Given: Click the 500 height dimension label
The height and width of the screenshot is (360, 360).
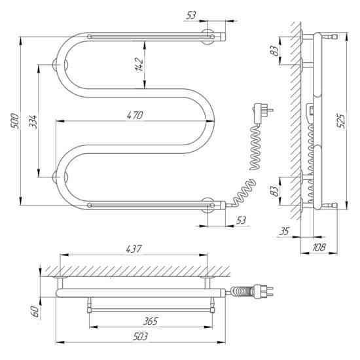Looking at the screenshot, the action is [x=14, y=121].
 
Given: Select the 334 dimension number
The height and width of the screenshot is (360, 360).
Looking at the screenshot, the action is [x=33, y=122].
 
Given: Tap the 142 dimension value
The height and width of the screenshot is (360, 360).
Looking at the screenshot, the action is [x=139, y=65].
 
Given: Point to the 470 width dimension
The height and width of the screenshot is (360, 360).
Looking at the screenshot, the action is [x=135, y=115].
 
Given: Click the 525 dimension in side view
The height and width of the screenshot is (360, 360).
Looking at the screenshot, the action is [x=341, y=121].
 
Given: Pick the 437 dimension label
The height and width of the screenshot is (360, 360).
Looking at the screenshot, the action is [x=134, y=249].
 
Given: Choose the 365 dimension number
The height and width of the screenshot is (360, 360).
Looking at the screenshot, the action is [x=151, y=321].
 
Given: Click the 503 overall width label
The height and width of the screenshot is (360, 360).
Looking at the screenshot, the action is [x=140, y=337].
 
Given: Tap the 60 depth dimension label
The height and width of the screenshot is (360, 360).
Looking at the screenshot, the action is [x=35, y=311].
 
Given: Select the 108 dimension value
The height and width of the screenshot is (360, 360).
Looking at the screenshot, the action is [x=319, y=247].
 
